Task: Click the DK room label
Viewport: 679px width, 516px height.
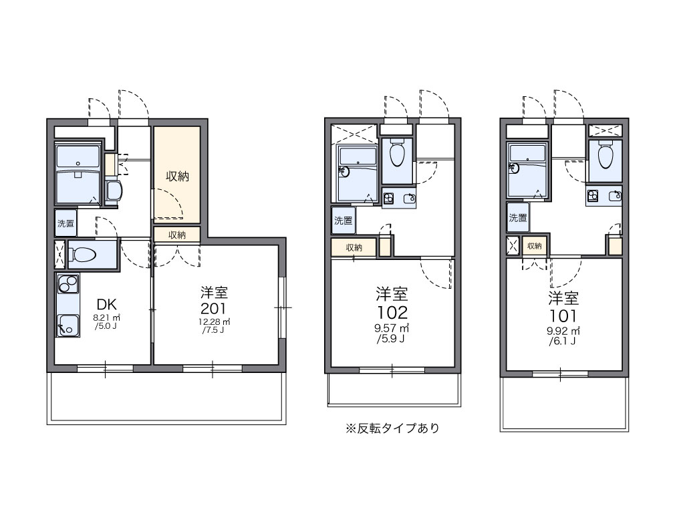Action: [106, 304]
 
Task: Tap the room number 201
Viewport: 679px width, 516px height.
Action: [213, 309]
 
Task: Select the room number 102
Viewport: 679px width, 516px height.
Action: [392, 312]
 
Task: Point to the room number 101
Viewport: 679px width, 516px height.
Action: [563, 315]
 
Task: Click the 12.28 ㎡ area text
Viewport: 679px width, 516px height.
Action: [214, 322]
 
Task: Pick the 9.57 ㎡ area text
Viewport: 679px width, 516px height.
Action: [392, 328]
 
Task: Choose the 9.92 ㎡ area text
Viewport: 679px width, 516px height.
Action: [563, 331]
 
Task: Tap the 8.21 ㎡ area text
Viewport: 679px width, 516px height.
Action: [106, 317]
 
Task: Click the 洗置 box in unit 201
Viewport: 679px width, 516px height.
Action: [65, 223]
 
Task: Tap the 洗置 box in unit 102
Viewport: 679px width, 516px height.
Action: [343, 221]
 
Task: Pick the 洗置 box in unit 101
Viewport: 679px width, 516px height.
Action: [518, 217]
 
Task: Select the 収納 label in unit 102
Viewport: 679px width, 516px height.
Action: [354, 247]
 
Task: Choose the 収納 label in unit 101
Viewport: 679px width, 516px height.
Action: [535, 246]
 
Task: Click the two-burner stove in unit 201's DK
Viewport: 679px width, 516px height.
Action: [68, 284]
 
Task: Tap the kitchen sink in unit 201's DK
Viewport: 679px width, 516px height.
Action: [68, 325]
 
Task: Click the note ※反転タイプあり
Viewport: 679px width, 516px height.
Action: [392, 428]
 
